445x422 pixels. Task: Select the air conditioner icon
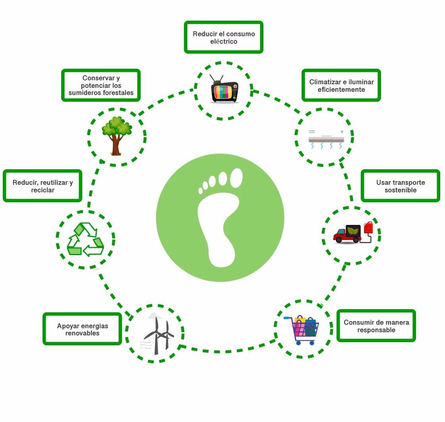326,139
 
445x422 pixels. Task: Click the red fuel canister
368,228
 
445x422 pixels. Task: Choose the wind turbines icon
159,336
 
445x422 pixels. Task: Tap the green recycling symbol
85,239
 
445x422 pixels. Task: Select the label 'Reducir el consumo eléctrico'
224,37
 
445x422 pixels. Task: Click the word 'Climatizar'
325,82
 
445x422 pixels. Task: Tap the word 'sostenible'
400,190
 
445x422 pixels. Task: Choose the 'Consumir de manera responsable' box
376,326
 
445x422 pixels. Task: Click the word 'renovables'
82,333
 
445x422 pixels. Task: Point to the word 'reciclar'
43,190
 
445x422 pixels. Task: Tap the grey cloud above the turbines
154,316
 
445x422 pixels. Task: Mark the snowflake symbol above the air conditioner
342,132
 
